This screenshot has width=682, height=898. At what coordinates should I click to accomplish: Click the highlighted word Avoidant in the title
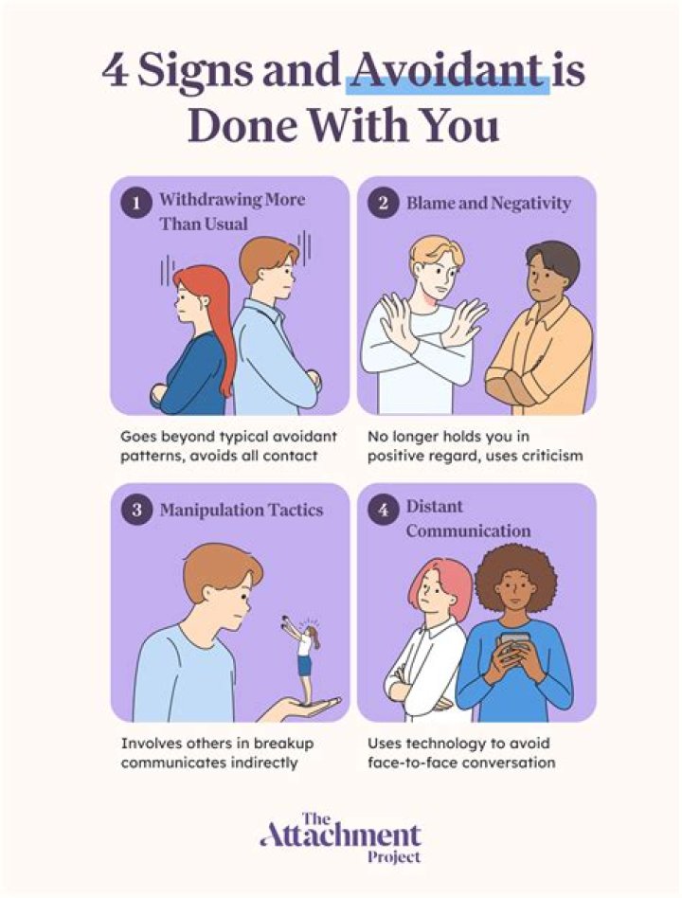tap(447, 71)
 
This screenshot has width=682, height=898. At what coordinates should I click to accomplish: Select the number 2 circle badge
tap(382, 203)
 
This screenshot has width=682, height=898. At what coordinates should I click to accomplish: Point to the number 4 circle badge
tap(382, 510)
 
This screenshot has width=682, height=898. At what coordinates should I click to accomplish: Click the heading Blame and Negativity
tap(488, 203)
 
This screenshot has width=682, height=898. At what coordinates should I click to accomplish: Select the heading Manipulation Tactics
tap(241, 510)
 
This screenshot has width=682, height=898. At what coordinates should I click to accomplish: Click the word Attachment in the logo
tap(340, 836)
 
